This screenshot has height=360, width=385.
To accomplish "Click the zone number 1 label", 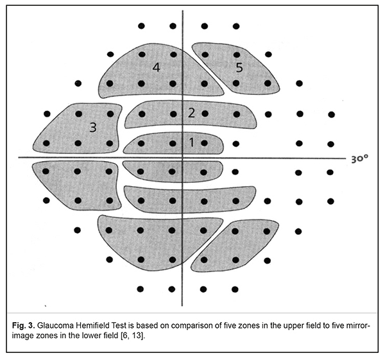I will [191, 142].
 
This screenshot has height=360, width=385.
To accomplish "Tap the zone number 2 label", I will [191, 113].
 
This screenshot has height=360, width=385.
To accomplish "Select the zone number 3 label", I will [93, 127].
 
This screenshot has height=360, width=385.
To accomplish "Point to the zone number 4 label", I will [156, 67].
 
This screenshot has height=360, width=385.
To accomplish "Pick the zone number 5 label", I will [239, 67].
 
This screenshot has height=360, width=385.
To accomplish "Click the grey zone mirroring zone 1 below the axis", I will [172, 171].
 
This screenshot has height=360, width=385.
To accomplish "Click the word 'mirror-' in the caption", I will [357, 327].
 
